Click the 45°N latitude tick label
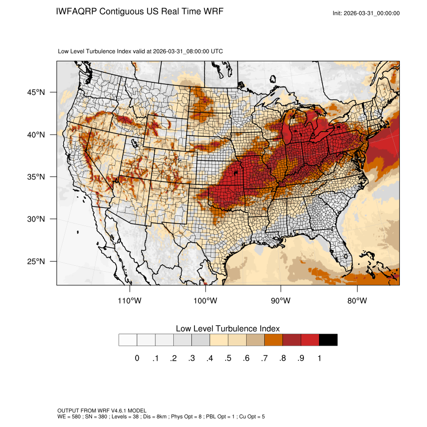37,92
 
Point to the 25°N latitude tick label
37,262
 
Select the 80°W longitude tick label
357,301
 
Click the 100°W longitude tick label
205,301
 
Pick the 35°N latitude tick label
37,177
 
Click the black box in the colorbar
328,340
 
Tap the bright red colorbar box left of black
310,340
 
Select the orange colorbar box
273,340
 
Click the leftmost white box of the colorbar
128,340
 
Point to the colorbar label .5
228,358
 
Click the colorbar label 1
319,358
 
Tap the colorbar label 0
137,358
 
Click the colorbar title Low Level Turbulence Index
228,329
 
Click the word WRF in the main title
212,11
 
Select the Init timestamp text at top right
366,13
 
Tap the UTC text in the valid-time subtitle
217,51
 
